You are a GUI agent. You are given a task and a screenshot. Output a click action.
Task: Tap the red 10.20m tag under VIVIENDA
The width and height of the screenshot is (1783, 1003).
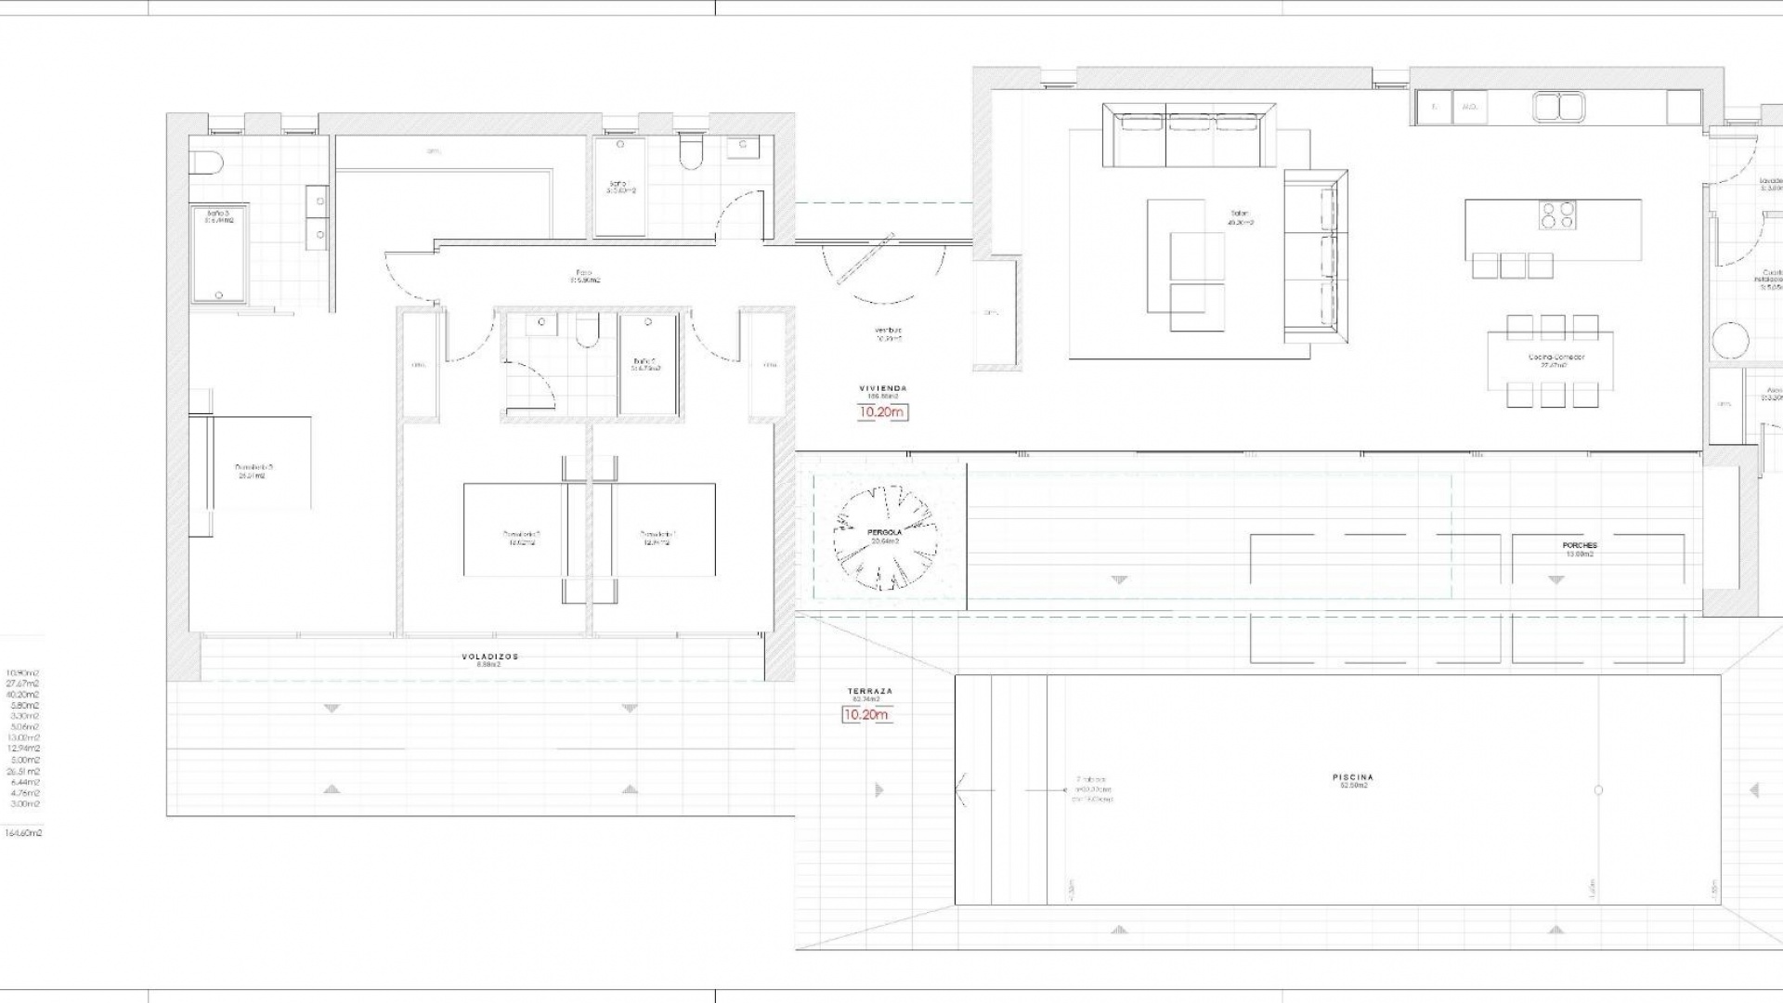coord(881,411)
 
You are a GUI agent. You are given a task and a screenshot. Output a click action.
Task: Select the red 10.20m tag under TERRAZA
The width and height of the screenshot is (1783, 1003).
coord(865,714)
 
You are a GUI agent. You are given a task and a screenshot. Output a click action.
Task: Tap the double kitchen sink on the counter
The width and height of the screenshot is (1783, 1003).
coord(1559,108)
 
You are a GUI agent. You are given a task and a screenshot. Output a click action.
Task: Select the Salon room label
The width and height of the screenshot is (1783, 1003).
coord(1241,217)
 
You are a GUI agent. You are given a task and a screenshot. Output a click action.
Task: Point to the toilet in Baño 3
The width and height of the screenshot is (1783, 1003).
coord(206,163)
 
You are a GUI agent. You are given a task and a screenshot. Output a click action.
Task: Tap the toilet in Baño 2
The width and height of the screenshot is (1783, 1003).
coord(587,332)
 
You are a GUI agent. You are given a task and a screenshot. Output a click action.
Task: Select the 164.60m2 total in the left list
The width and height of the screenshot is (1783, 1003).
coord(23,833)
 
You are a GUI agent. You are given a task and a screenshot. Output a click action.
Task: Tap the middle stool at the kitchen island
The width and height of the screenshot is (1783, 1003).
coord(1513,266)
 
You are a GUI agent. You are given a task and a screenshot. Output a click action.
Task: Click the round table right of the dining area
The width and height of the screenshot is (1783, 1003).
coord(1731,341)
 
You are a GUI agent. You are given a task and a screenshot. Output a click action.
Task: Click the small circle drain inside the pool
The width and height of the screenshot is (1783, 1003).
coord(1598,790)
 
